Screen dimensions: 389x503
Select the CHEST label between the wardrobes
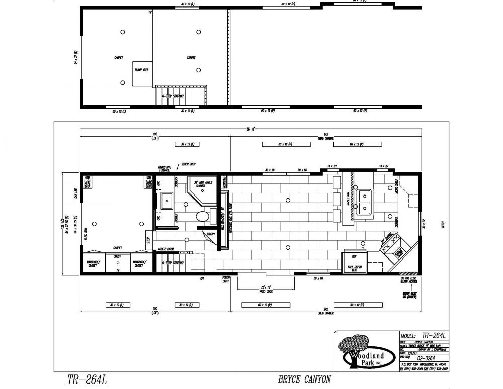118,257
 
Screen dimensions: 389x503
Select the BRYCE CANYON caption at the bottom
304,379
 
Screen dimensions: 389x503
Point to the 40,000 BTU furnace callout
164,170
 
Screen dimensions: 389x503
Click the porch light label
226,279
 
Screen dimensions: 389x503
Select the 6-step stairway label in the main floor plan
173,263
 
